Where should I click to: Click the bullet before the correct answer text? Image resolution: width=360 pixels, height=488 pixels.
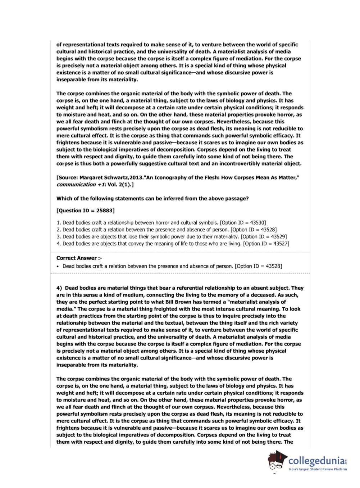pos(58,266)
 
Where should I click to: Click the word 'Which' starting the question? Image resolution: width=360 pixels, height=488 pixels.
pos(64,199)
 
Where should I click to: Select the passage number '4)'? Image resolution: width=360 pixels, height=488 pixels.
pos(59,288)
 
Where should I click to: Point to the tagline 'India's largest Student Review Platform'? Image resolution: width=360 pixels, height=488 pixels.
pos(318,469)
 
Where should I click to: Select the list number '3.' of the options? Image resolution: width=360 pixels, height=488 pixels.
pos(59,237)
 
